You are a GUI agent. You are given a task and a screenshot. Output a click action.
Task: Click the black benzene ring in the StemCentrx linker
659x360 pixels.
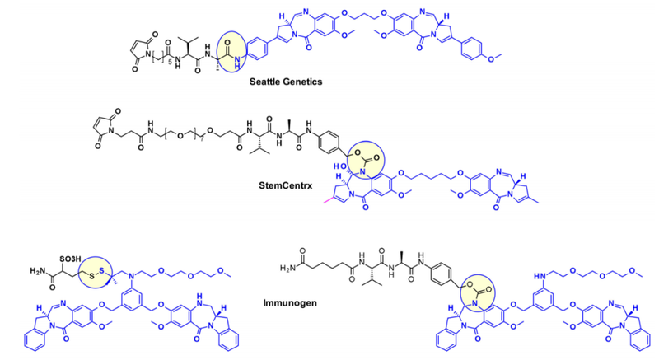(x=338, y=133)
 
